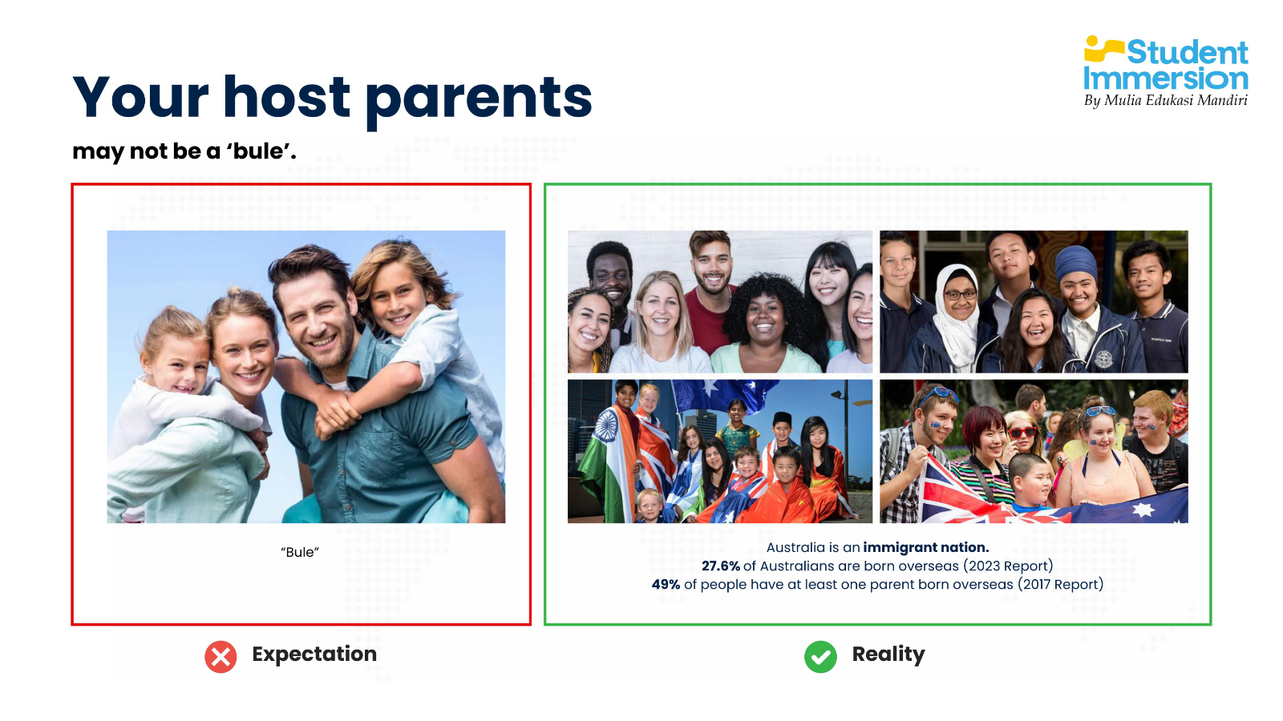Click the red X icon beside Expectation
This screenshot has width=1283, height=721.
coord(221,657)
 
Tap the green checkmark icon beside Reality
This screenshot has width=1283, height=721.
coord(820,657)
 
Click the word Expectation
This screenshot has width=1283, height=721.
coord(314,654)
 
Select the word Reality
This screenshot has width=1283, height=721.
coord(888,655)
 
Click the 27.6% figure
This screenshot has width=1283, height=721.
coord(721,566)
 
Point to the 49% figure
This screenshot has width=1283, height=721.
coord(666,584)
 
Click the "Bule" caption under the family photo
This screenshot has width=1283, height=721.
coord(300,552)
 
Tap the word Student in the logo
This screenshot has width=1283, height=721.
coord(1188,53)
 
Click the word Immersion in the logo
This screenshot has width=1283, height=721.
coord(1166,79)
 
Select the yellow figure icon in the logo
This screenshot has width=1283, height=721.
coord(1103,49)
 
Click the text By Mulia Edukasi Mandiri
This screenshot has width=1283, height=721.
coord(1166,101)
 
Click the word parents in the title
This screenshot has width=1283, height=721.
coord(479,99)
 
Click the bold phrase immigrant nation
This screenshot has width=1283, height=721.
coord(926,548)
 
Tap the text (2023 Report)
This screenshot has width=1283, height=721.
coord(1008,566)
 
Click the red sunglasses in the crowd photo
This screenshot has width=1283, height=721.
coord(1023,432)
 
